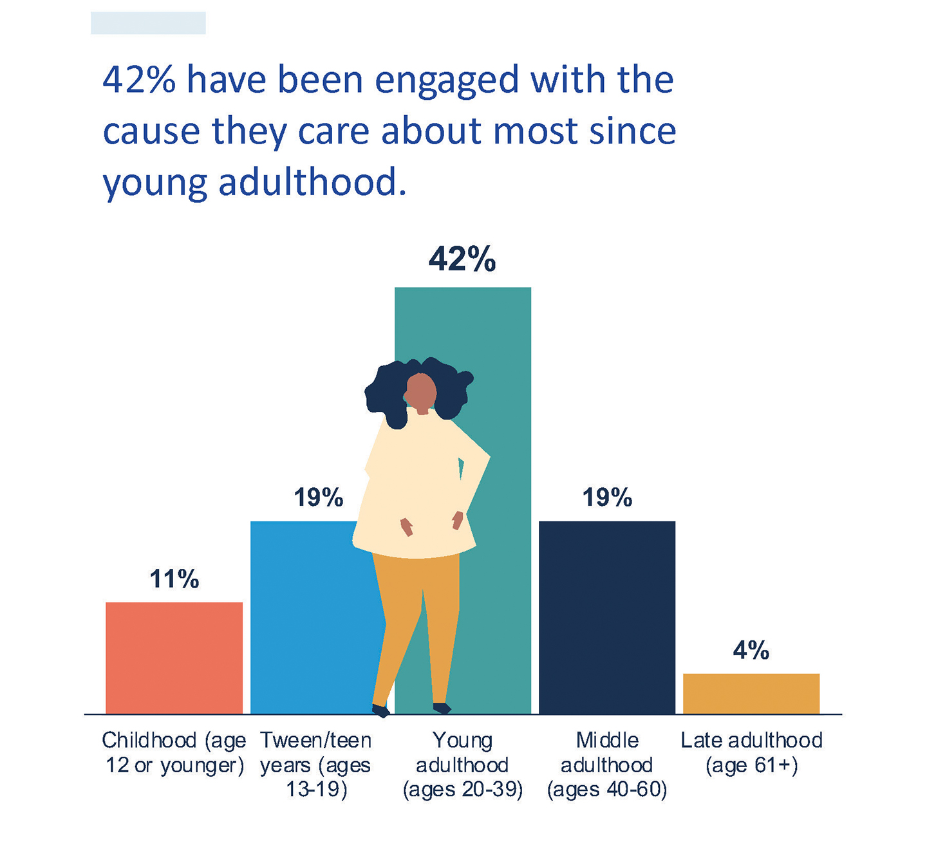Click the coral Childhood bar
click(174, 658)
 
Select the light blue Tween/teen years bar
click(303, 618)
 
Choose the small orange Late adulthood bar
click(751, 693)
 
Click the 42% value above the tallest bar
click(462, 259)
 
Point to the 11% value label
click(174, 579)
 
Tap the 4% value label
click(751, 651)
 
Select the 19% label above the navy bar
click(607, 497)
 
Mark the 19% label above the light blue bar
click(319, 497)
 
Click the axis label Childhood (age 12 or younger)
click(174, 752)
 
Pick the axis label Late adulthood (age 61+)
click(751, 752)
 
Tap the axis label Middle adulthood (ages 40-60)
click(607, 765)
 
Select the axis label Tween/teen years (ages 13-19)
click(316, 765)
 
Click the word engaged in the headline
click(447, 81)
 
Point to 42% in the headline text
click(139, 80)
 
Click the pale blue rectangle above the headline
click(148, 23)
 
